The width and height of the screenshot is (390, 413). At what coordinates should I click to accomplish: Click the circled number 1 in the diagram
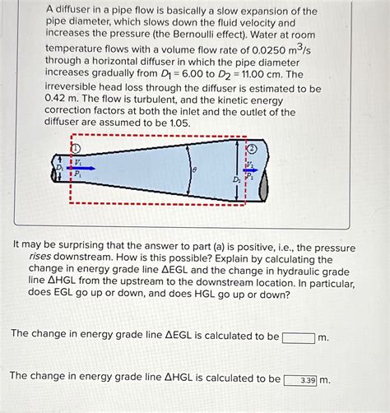tap(76, 148)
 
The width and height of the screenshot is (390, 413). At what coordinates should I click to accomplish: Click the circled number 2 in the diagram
tap(252, 149)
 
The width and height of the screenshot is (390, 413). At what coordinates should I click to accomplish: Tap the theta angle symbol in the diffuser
tap(194, 169)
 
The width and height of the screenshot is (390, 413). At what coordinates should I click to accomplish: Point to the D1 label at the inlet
tap(58, 167)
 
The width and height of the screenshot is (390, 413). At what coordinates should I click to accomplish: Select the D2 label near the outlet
tap(238, 178)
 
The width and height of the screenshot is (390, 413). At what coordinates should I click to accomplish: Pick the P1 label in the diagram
tap(77, 174)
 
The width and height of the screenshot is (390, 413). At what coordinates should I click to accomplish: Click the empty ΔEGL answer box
tap(298, 337)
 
